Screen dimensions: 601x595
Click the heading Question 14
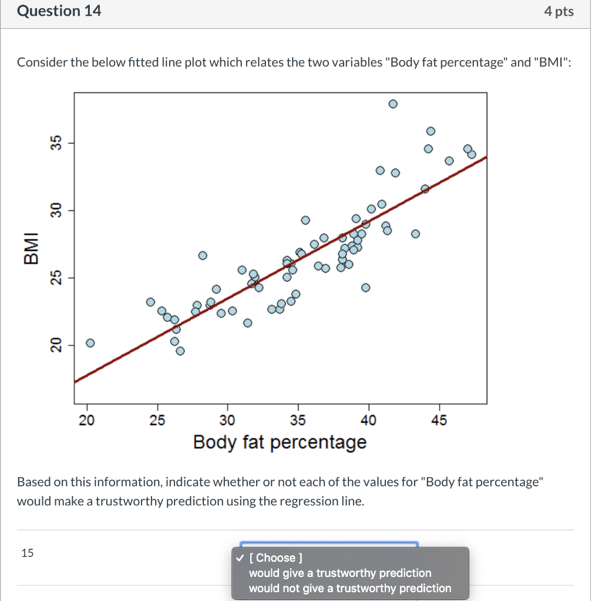[59, 11]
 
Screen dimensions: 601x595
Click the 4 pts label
[559, 12]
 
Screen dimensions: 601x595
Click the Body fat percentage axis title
[280, 442]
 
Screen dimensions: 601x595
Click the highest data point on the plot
[393, 104]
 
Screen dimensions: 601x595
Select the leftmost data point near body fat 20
[90, 343]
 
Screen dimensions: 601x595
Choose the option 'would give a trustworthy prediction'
[340, 573]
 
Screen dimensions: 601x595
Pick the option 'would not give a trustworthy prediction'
[350, 588]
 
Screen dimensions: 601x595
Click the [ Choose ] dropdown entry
[275, 558]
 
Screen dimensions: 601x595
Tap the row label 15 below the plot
[27, 552]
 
